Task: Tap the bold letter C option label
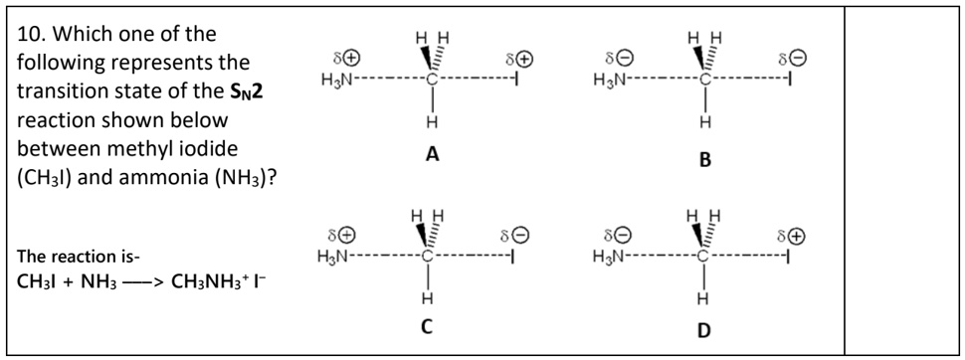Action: click(x=431, y=330)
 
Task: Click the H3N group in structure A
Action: click(x=337, y=79)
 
